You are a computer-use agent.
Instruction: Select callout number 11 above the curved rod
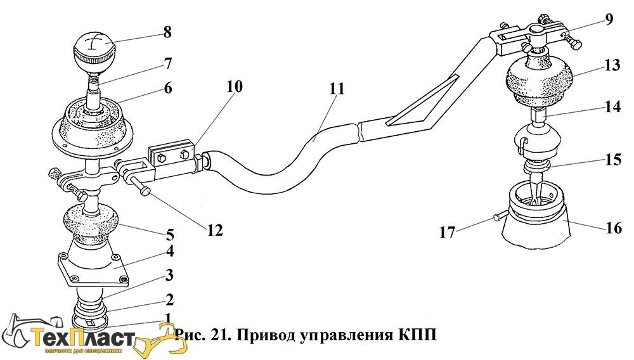pos(337,89)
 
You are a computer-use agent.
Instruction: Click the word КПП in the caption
pos(417,334)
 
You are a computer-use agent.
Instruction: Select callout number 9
pos(609,19)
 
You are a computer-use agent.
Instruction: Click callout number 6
pos(167,89)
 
